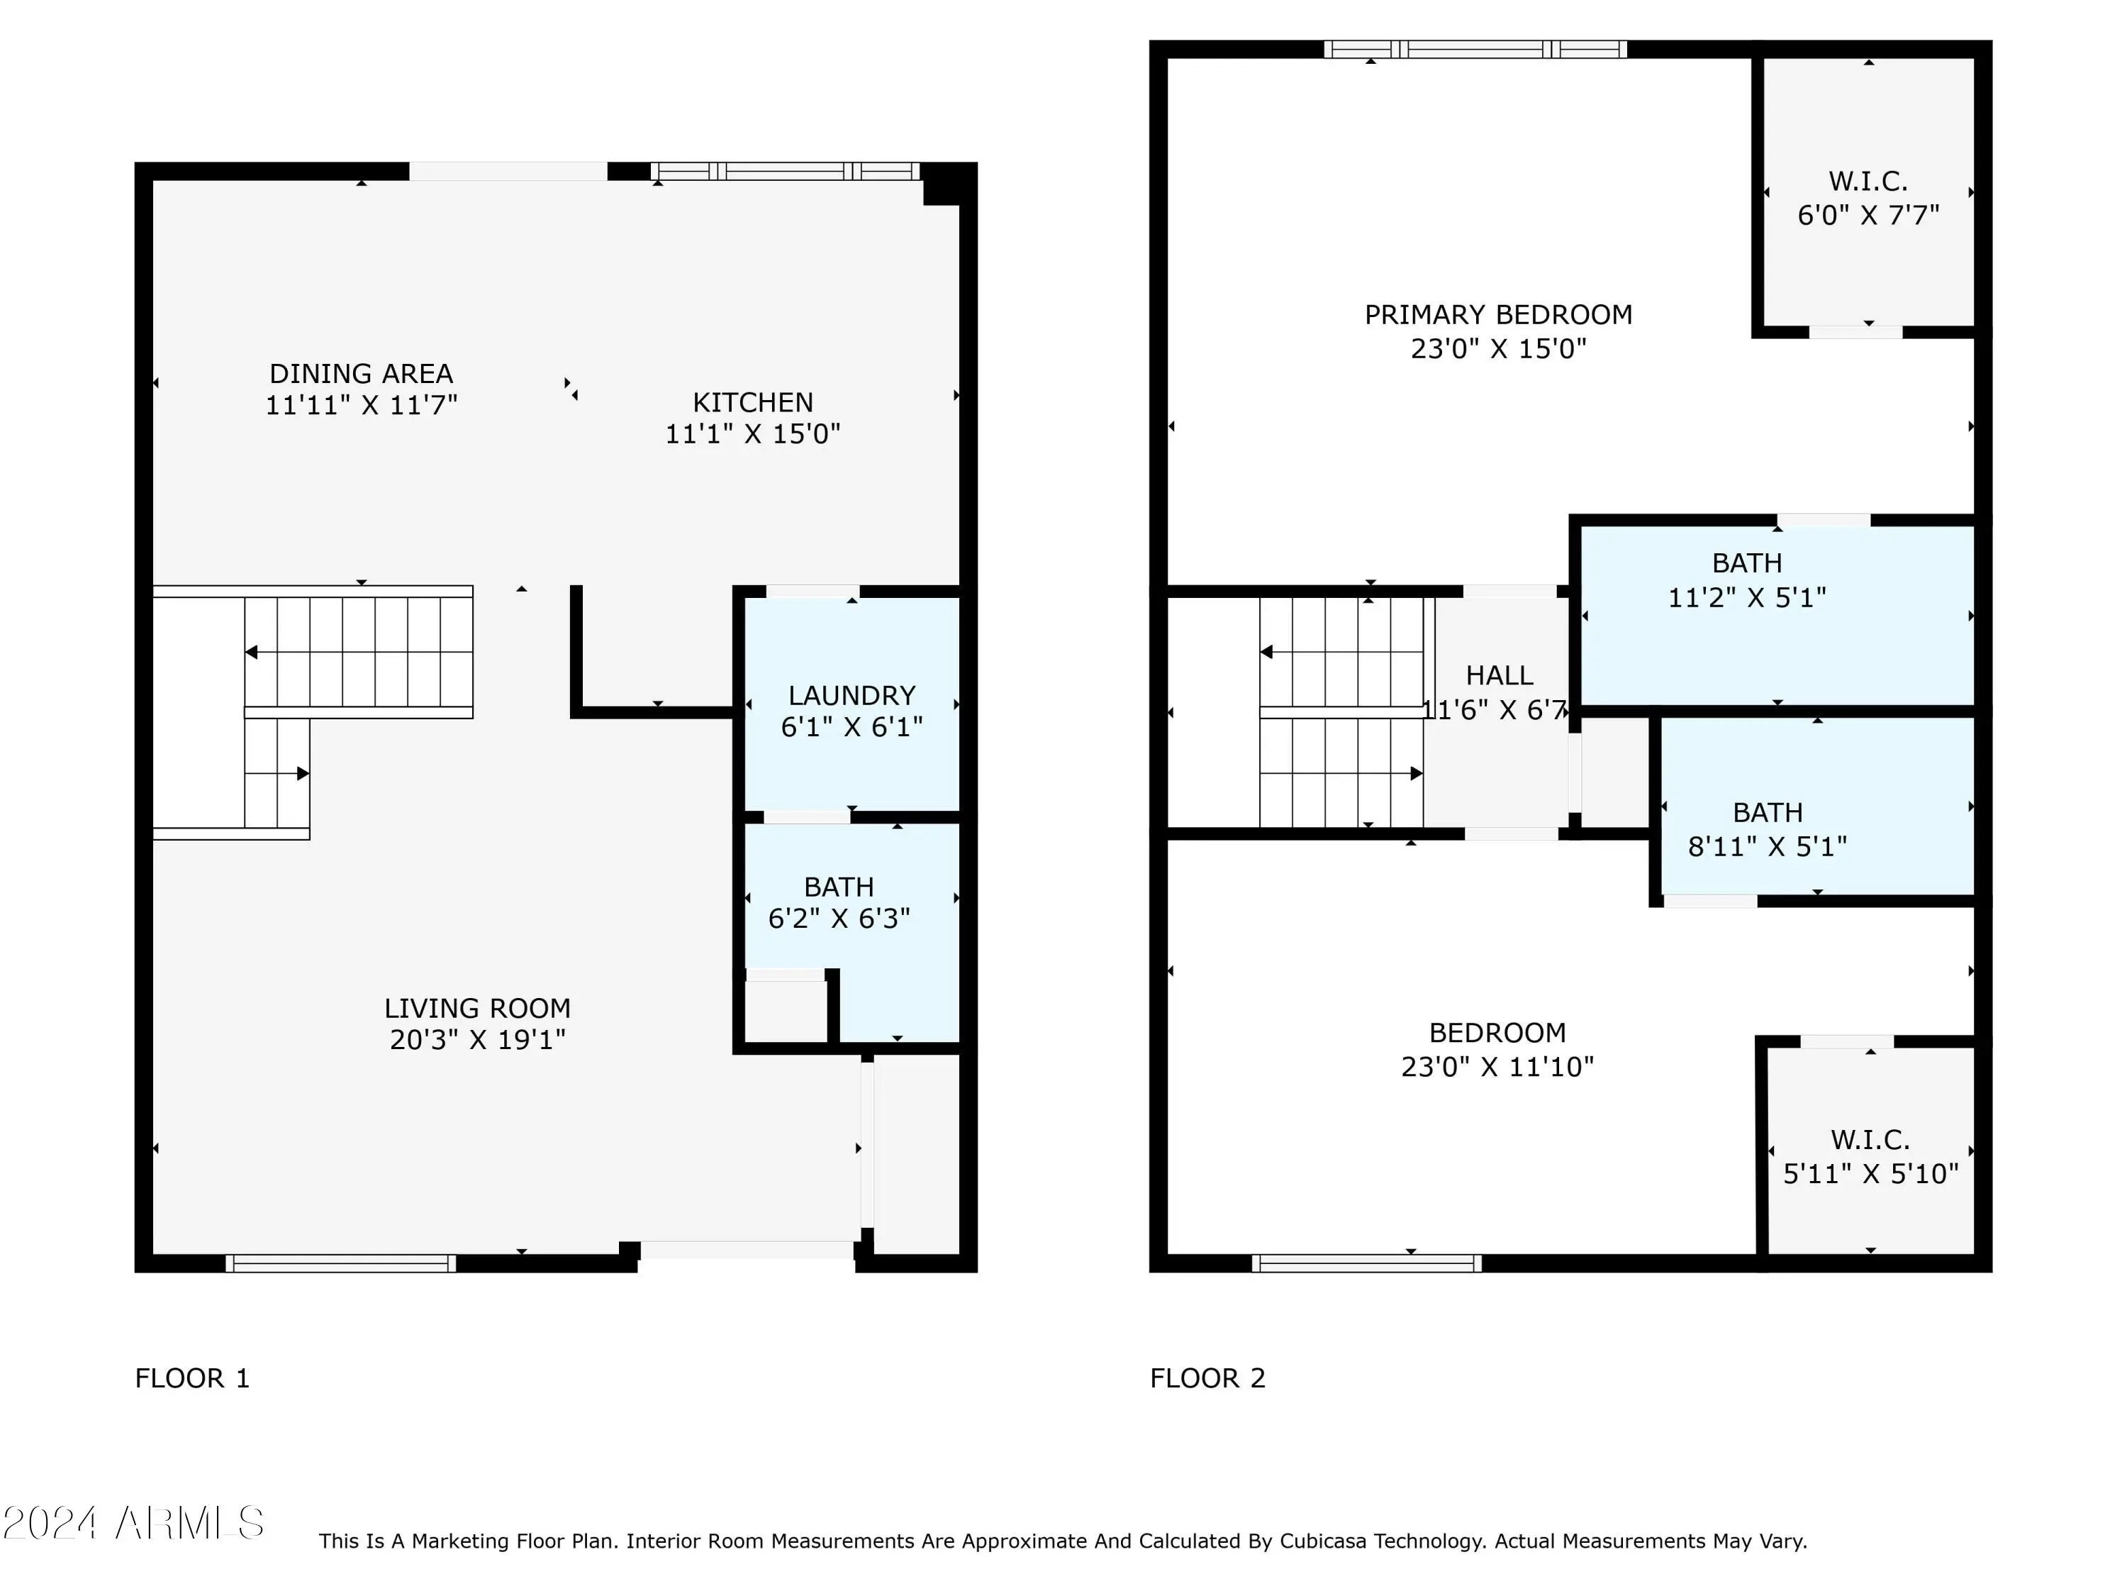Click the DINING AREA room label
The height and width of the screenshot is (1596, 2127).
[361, 373]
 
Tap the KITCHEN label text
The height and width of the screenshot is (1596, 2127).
[753, 402]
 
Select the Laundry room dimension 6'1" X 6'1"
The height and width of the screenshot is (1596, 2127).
[852, 727]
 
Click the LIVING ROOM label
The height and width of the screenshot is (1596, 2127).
[477, 1008]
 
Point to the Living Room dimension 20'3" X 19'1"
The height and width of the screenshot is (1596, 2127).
[477, 1040]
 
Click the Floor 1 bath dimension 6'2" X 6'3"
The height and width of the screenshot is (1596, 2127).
[839, 919]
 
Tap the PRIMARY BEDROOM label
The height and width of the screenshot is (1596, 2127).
[1498, 314]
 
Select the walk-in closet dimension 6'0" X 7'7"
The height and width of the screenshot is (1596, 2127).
[1868, 214]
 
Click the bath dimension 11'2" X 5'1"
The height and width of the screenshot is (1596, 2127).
[1746, 597]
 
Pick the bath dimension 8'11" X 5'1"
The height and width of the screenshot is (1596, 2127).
[1768, 846]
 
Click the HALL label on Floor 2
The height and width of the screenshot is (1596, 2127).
[1499, 675]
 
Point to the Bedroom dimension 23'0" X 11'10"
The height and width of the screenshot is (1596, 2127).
[1497, 1067]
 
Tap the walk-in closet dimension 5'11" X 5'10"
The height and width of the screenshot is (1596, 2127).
[1870, 1174]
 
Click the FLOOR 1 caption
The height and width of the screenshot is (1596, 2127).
[192, 1378]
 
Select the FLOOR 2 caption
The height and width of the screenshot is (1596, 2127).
[1207, 1378]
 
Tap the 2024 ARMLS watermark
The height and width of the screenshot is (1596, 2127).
[134, 1523]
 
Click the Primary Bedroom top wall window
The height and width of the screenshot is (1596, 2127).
[1475, 49]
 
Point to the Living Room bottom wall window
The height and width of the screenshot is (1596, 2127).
[340, 1263]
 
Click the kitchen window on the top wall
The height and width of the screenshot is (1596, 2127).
[786, 171]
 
